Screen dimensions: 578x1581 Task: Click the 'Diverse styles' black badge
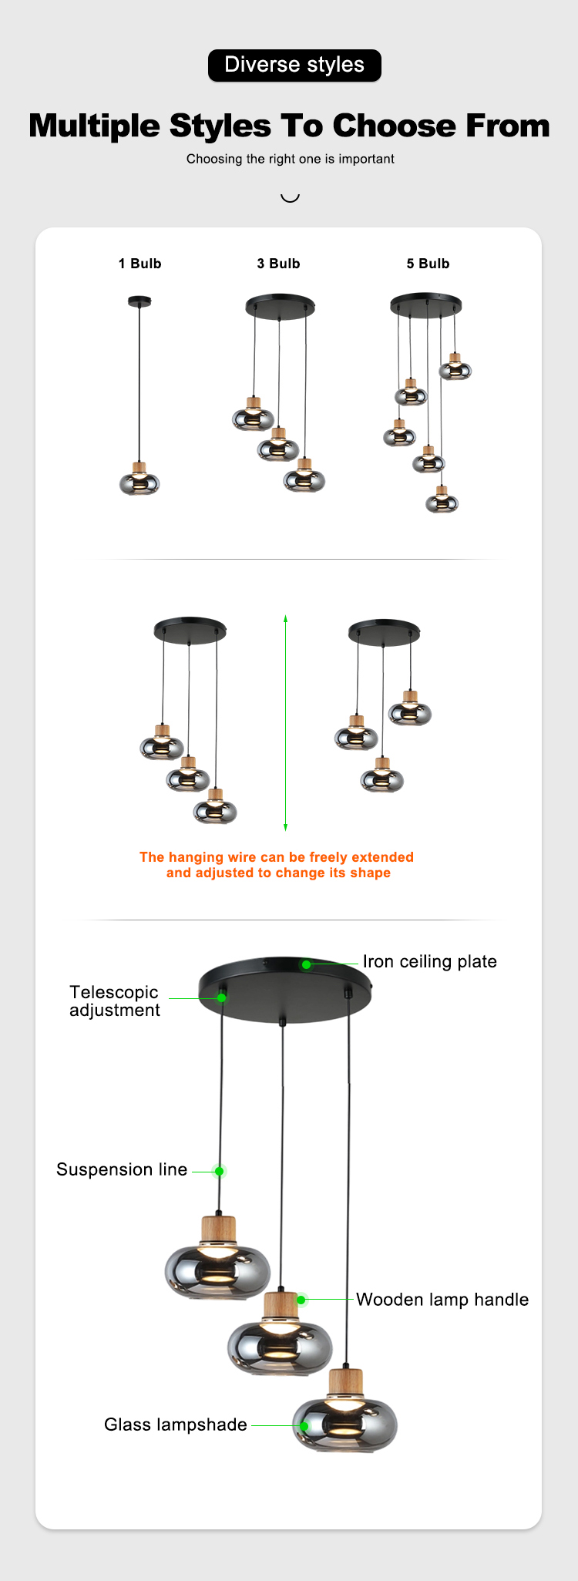[x=294, y=65]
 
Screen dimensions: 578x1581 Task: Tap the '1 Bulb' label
[x=139, y=264]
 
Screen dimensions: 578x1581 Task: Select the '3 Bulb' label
[x=278, y=264]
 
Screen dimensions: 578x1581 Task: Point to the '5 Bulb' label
[x=428, y=264]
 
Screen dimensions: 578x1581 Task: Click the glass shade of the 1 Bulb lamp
[x=139, y=483]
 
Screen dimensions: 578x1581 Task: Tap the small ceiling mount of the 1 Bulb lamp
[x=139, y=301]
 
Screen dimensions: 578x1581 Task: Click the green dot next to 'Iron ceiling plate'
[x=306, y=964]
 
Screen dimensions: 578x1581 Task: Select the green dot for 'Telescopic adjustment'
[x=221, y=997]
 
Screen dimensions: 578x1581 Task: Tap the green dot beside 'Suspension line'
[x=220, y=1171]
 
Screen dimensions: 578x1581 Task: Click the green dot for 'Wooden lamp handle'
[x=301, y=1300]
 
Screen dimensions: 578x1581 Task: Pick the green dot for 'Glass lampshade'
[x=304, y=1425]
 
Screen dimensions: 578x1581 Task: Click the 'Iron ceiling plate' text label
[x=430, y=962]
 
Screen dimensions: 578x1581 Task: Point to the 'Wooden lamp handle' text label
[x=442, y=1300]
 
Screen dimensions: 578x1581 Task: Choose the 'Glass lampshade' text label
[x=176, y=1425]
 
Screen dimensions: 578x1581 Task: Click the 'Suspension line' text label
[x=122, y=1169]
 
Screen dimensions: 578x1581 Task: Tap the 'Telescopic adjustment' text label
[x=115, y=1001]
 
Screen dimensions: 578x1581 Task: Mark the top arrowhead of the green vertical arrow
[x=285, y=618]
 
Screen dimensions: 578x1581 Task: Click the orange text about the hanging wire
[x=277, y=865]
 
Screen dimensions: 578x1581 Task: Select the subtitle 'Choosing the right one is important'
[x=291, y=159]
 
